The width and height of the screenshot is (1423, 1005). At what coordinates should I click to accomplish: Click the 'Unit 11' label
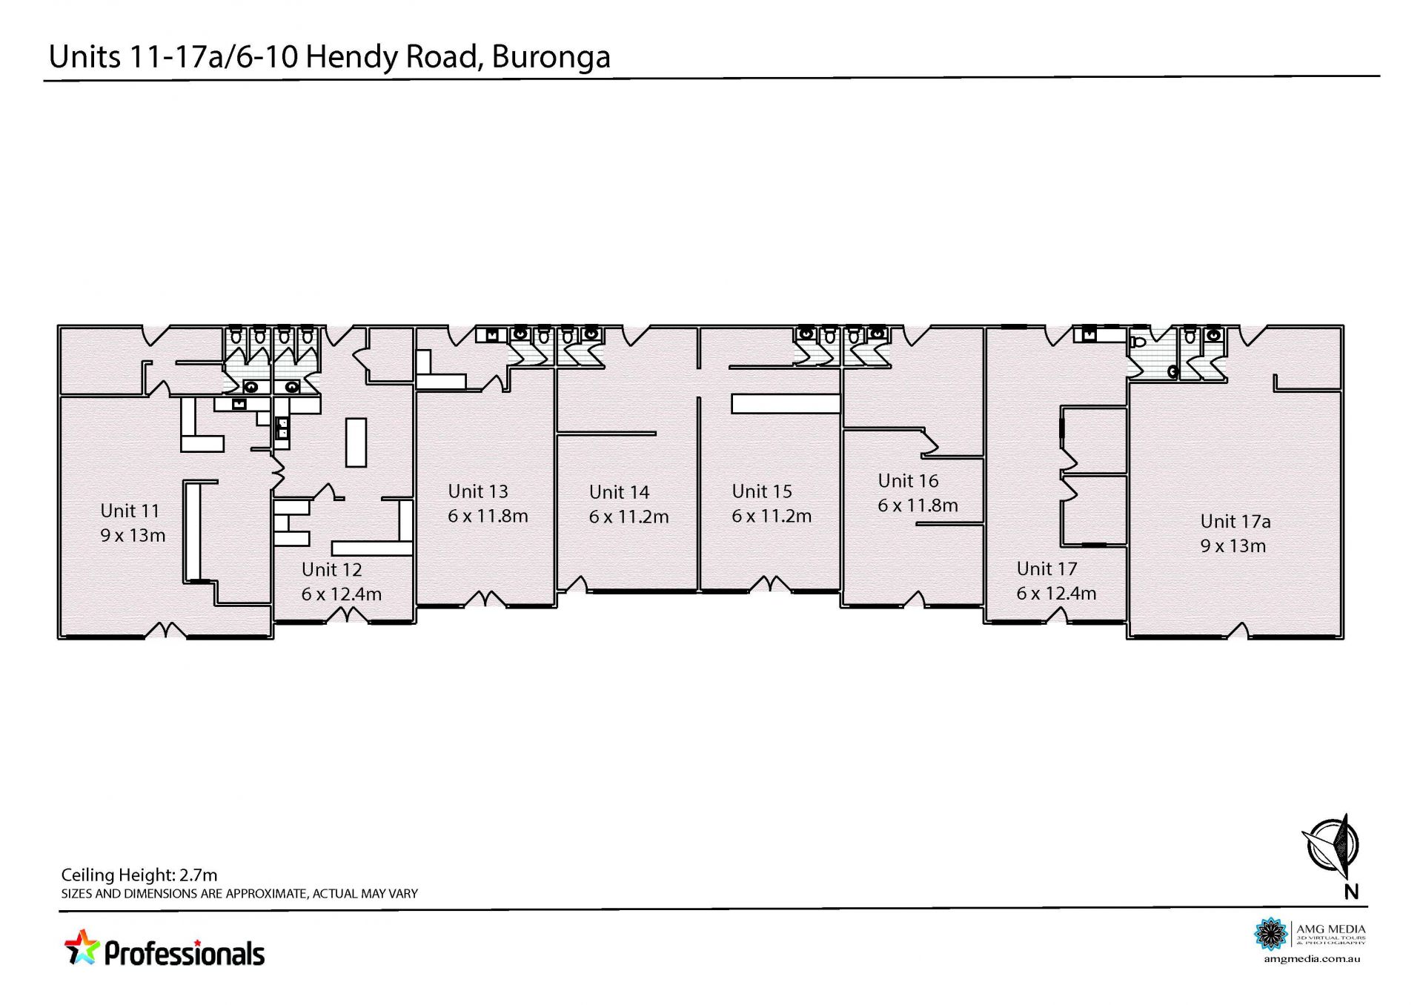(130, 511)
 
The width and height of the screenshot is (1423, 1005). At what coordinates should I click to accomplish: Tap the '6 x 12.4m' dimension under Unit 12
(341, 594)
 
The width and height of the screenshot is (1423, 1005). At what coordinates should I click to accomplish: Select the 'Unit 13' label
(478, 491)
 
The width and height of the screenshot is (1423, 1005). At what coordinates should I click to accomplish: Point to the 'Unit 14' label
(619, 492)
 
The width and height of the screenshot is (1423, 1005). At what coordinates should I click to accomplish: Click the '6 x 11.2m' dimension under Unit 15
(772, 516)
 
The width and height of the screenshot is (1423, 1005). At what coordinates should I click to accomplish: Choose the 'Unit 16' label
(908, 481)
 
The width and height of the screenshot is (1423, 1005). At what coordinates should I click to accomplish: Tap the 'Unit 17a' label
(1235, 522)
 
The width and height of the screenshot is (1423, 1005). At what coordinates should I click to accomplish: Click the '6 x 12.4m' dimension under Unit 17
(1056, 593)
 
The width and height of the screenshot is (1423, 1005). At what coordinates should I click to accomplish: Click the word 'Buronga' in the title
(551, 57)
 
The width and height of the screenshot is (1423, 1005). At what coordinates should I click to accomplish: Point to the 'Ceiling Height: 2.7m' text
(139, 875)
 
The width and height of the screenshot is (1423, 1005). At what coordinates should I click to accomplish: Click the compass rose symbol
(1332, 845)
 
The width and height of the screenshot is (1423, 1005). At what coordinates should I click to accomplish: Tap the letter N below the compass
(1351, 892)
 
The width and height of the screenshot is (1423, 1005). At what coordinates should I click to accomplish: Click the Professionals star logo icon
(82, 948)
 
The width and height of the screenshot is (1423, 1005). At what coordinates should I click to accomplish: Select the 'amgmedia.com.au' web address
(1312, 959)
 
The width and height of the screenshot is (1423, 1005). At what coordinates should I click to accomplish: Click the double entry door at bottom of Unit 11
(165, 630)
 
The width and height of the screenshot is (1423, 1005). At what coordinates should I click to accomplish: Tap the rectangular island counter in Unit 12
(356, 442)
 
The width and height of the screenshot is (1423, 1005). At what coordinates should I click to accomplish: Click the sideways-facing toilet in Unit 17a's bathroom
(1138, 343)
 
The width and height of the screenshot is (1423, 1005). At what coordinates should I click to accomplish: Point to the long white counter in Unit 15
(786, 403)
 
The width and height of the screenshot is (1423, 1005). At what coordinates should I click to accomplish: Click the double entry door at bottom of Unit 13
(486, 599)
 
